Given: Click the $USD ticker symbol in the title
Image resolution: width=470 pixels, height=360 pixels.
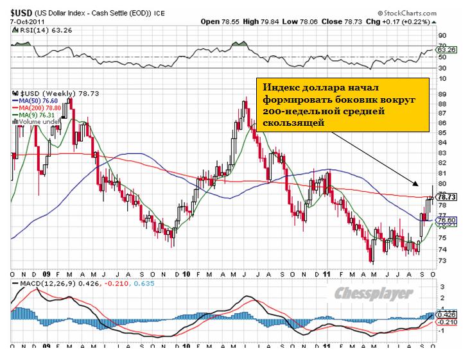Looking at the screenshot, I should (x=17, y=12).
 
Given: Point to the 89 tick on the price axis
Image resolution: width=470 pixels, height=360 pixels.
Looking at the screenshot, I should (x=442, y=94).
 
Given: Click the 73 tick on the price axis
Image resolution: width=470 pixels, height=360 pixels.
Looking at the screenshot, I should (x=442, y=260).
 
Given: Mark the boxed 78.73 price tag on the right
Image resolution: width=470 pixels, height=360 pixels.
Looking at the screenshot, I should (x=447, y=197).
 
